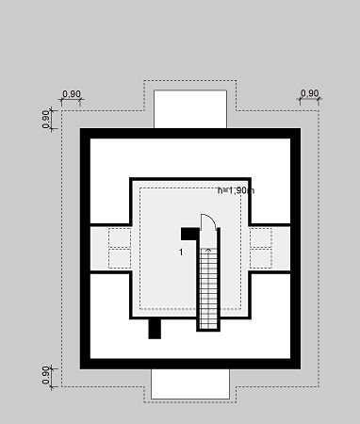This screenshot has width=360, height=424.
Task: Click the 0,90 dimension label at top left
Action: point(72,93)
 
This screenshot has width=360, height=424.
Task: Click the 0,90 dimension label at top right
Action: point(310,93)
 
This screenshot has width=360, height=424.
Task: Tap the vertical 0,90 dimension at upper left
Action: point(46,120)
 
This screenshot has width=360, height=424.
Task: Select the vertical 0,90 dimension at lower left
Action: point(46,375)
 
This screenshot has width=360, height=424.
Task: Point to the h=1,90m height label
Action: point(236,190)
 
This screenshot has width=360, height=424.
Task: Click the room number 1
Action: point(181,252)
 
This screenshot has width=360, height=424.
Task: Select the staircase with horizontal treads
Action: point(208,288)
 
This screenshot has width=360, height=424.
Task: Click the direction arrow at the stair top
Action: point(208,251)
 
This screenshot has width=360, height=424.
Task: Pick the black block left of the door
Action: point(189,234)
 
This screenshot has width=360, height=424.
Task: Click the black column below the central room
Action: point(155,329)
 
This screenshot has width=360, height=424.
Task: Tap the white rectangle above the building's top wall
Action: point(190,109)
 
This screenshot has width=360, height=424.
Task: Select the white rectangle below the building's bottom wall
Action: point(190,383)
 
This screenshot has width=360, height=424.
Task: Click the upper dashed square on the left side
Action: point(120,237)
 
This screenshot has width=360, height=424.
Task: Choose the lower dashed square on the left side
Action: point(120,258)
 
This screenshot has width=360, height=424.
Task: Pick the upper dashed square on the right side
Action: point(261,237)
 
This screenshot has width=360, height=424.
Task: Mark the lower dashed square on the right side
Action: point(261,258)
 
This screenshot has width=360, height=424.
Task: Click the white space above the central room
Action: point(190,157)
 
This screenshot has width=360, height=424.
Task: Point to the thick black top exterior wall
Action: point(190,133)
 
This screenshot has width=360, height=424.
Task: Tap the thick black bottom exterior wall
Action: point(190,364)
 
